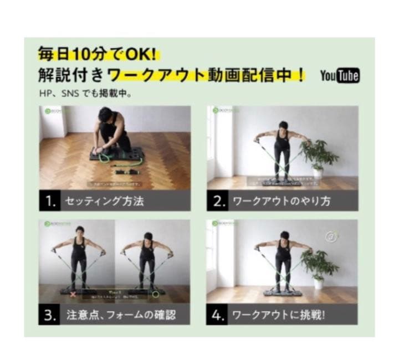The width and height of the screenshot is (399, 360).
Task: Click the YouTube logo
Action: (x=340, y=75)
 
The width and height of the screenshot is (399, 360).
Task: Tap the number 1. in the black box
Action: (x=50, y=201)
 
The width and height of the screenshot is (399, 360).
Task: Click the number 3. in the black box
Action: (x=50, y=315)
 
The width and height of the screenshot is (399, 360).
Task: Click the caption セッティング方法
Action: (x=104, y=201)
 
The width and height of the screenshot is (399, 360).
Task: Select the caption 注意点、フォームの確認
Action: (x=120, y=315)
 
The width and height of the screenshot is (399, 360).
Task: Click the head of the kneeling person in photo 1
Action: (x=105, y=115)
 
